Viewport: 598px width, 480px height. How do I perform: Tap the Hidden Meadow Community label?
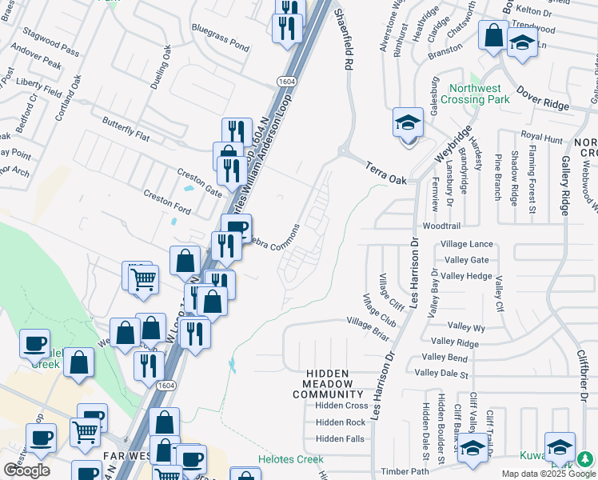pos(339,384)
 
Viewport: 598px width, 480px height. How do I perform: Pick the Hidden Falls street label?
pos(340,438)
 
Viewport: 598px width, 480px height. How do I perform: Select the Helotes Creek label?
pos(290,460)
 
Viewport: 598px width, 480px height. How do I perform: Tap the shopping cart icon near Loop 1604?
pos(142,279)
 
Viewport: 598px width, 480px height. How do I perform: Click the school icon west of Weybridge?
pos(408,123)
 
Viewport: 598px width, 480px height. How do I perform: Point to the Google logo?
pos(26,470)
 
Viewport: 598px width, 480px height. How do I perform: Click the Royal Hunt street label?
pos(542,138)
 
